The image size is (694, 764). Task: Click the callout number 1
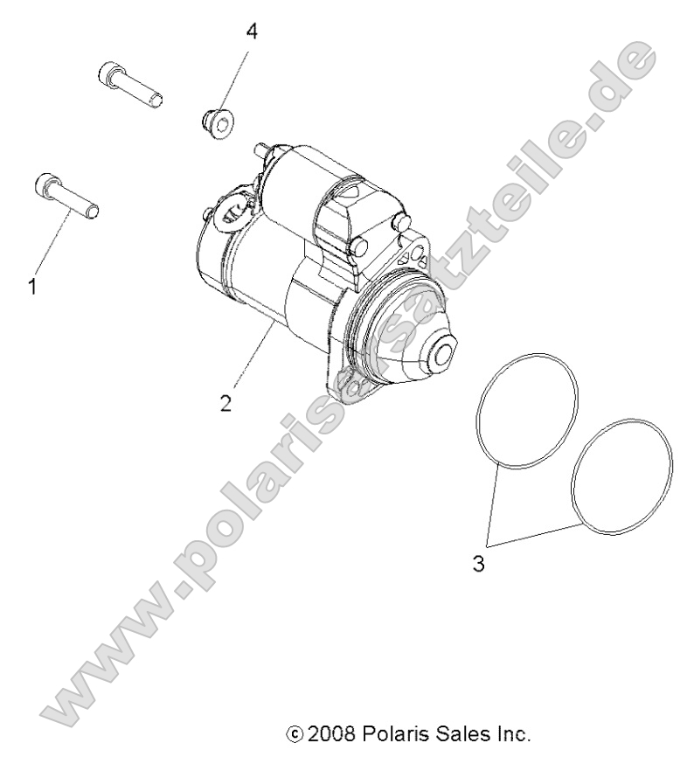coord(32,285)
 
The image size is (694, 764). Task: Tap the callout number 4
coord(252,32)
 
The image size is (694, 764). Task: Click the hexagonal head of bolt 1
coord(45,184)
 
